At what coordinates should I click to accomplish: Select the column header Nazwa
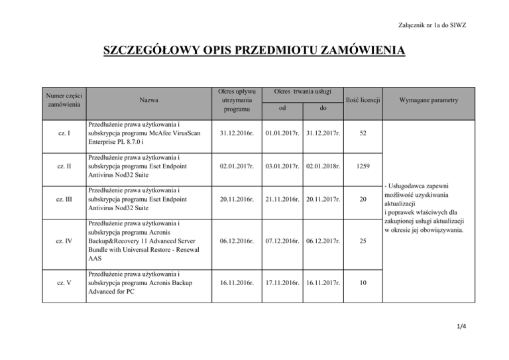click(x=148, y=100)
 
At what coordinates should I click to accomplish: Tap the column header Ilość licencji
click(x=361, y=100)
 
